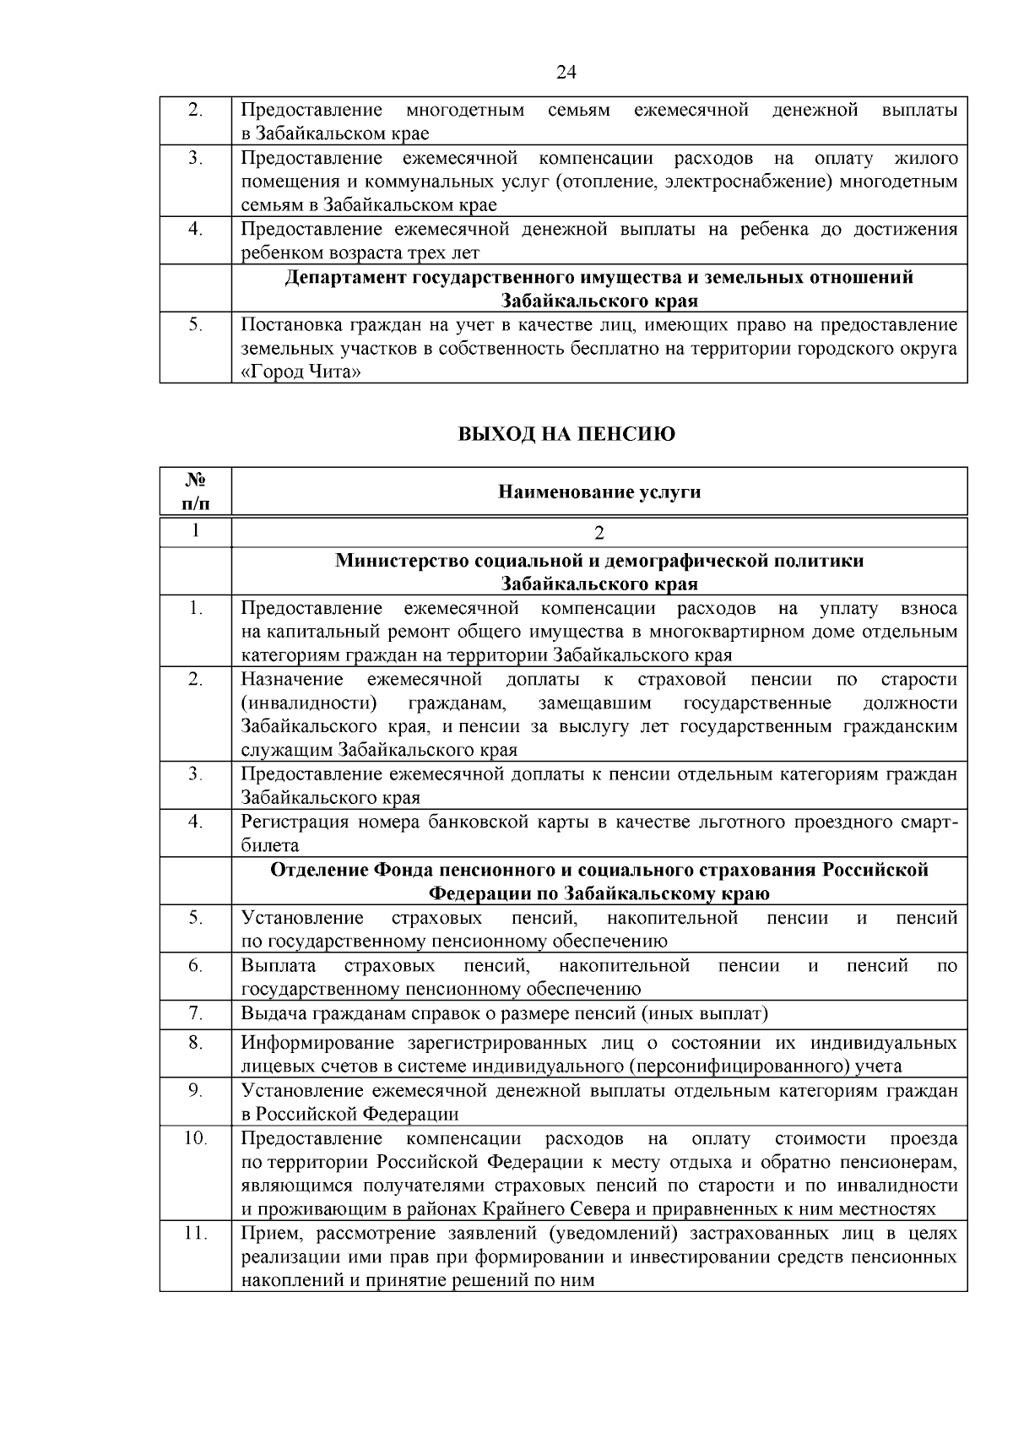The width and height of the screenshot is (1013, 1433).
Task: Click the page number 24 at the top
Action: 566,73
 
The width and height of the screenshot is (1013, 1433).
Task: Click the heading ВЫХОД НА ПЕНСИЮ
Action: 566,434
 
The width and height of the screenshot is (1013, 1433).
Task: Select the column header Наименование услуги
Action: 599,491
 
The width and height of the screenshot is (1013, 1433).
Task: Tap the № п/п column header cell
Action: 196,491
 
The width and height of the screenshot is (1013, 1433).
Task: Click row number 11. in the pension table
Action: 196,1234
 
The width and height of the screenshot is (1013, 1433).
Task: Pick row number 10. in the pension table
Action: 196,1138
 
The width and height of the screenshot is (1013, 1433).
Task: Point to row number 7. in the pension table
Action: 196,1012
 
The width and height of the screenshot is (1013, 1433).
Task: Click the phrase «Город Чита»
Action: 295,372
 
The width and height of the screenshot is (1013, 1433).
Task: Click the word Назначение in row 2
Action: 292,680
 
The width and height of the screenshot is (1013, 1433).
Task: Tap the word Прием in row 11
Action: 265,1234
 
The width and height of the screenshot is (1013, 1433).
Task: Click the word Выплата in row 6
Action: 279,965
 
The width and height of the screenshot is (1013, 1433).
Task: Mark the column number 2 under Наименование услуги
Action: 599,533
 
